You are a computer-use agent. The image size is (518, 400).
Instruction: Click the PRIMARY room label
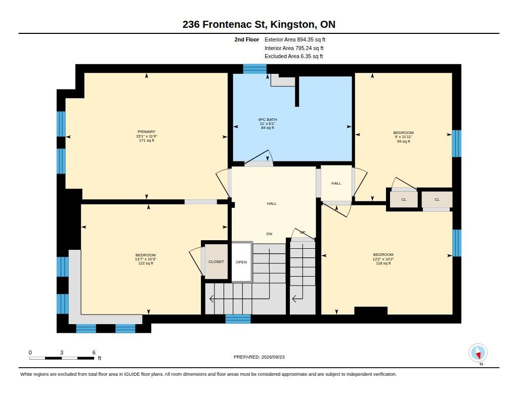click(146, 132)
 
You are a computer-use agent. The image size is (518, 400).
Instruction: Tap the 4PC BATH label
click(268, 119)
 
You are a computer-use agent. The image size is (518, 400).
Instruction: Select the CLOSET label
click(217, 261)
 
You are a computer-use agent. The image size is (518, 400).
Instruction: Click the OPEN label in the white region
click(241, 262)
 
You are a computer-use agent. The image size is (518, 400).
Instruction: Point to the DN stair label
click(270, 234)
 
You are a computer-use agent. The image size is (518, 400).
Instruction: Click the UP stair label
click(303, 232)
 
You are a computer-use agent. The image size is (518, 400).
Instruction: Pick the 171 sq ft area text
click(147, 141)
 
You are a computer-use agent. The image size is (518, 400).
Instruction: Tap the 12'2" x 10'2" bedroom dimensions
click(383, 259)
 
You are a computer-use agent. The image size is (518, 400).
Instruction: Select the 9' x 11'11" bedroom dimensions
click(403, 137)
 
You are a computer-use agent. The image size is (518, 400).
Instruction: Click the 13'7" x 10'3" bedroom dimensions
click(146, 259)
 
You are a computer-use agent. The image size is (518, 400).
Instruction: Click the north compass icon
click(478, 353)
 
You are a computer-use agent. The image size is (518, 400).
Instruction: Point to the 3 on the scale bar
click(62, 352)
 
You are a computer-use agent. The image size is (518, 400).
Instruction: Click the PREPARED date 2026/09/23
click(273, 357)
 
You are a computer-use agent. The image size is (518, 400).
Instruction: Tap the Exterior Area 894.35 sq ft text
click(295, 39)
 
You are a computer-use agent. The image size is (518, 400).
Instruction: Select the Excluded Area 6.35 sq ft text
click(294, 57)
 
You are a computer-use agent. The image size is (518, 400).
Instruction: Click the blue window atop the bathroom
click(255, 69)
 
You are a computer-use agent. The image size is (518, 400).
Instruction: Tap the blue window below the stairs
click(238, 319)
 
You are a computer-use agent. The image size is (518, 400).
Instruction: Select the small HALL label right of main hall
click(336, 184)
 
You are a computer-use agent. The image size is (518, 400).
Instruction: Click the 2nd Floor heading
click(247, 39)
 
